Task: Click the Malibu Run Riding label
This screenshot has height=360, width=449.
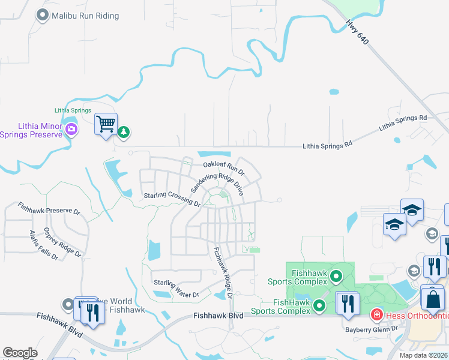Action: click(x=85, y=16)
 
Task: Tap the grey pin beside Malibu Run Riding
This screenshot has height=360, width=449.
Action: click(x=42, y=15)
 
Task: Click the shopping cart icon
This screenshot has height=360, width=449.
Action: click(x=106, y=124)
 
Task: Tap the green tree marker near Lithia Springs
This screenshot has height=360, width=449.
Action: click(x=123, y=131)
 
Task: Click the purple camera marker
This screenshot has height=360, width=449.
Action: click(x=71, y=129)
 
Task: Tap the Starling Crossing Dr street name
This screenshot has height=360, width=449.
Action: click(x=171, y=199)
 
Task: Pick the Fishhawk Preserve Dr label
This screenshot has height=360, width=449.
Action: click(x=49, y=208)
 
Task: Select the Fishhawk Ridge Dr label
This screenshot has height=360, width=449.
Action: click(x=223, y=271)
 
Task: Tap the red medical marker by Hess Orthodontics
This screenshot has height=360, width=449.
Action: click(x=376, y=314)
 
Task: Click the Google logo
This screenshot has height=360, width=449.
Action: click(x=20, y=353)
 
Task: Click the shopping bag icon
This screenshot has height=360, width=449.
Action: click(x=432, y=298)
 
